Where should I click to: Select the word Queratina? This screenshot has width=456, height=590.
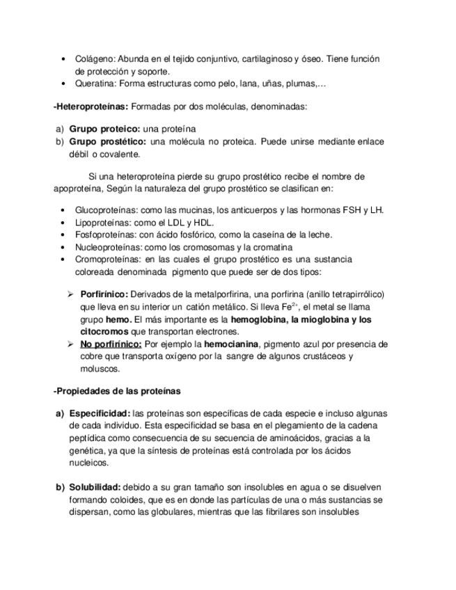tap(95, 83)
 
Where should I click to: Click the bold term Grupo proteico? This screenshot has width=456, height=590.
tap(104, 129)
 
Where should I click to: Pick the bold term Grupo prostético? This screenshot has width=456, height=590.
tap(107, 141)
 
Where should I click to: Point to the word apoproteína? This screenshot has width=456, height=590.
tap(79, 188)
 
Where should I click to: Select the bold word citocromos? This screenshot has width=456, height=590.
tap(103, 331)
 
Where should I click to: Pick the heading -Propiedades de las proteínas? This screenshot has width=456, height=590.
tap(116, 390)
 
